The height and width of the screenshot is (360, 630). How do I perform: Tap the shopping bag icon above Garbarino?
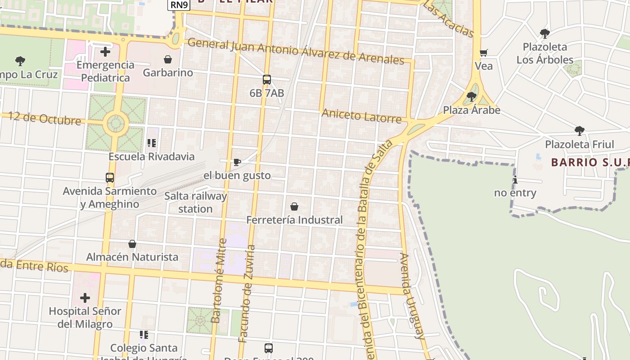(168, 59)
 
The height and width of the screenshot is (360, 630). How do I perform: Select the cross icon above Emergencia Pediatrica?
(105, 52)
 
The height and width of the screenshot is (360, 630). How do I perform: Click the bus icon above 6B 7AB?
(267, 80)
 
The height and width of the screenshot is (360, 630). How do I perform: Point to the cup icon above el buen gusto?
(237, 162)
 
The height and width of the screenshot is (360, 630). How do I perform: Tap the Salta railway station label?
(196, 202)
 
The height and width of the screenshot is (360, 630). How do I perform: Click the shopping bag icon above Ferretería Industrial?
(294, 207)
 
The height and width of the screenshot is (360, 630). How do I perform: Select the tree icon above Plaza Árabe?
(472, 97)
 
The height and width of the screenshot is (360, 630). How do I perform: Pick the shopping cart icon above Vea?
(484, 53)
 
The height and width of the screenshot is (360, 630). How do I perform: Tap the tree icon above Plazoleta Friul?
(580, 131)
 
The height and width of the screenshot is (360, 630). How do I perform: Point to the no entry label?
(515, 193)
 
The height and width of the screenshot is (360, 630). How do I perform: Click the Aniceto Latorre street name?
(361, 116)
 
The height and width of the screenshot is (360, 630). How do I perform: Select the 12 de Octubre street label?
(45, 118)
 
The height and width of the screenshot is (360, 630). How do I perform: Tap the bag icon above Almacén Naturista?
(132, 244)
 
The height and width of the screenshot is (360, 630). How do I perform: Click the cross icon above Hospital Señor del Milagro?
(85, 298)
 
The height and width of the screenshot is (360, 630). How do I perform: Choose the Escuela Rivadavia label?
(152, 157)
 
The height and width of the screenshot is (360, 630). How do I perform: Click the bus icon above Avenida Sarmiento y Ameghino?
(110, 178)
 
